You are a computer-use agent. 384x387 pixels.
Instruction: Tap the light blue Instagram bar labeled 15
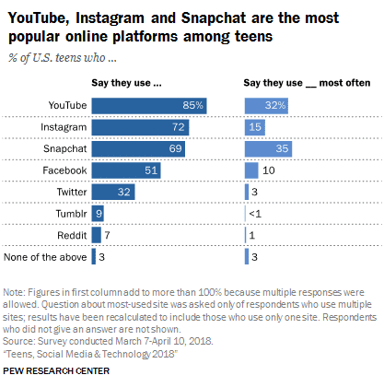tap(254, 126)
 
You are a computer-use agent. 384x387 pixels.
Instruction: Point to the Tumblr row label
tap(69, 213)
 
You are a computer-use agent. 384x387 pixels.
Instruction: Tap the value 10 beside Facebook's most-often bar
tap(268, 170)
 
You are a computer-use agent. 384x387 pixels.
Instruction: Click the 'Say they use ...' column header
tap(131, 83)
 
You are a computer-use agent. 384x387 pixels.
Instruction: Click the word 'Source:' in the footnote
tap(21, 340)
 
